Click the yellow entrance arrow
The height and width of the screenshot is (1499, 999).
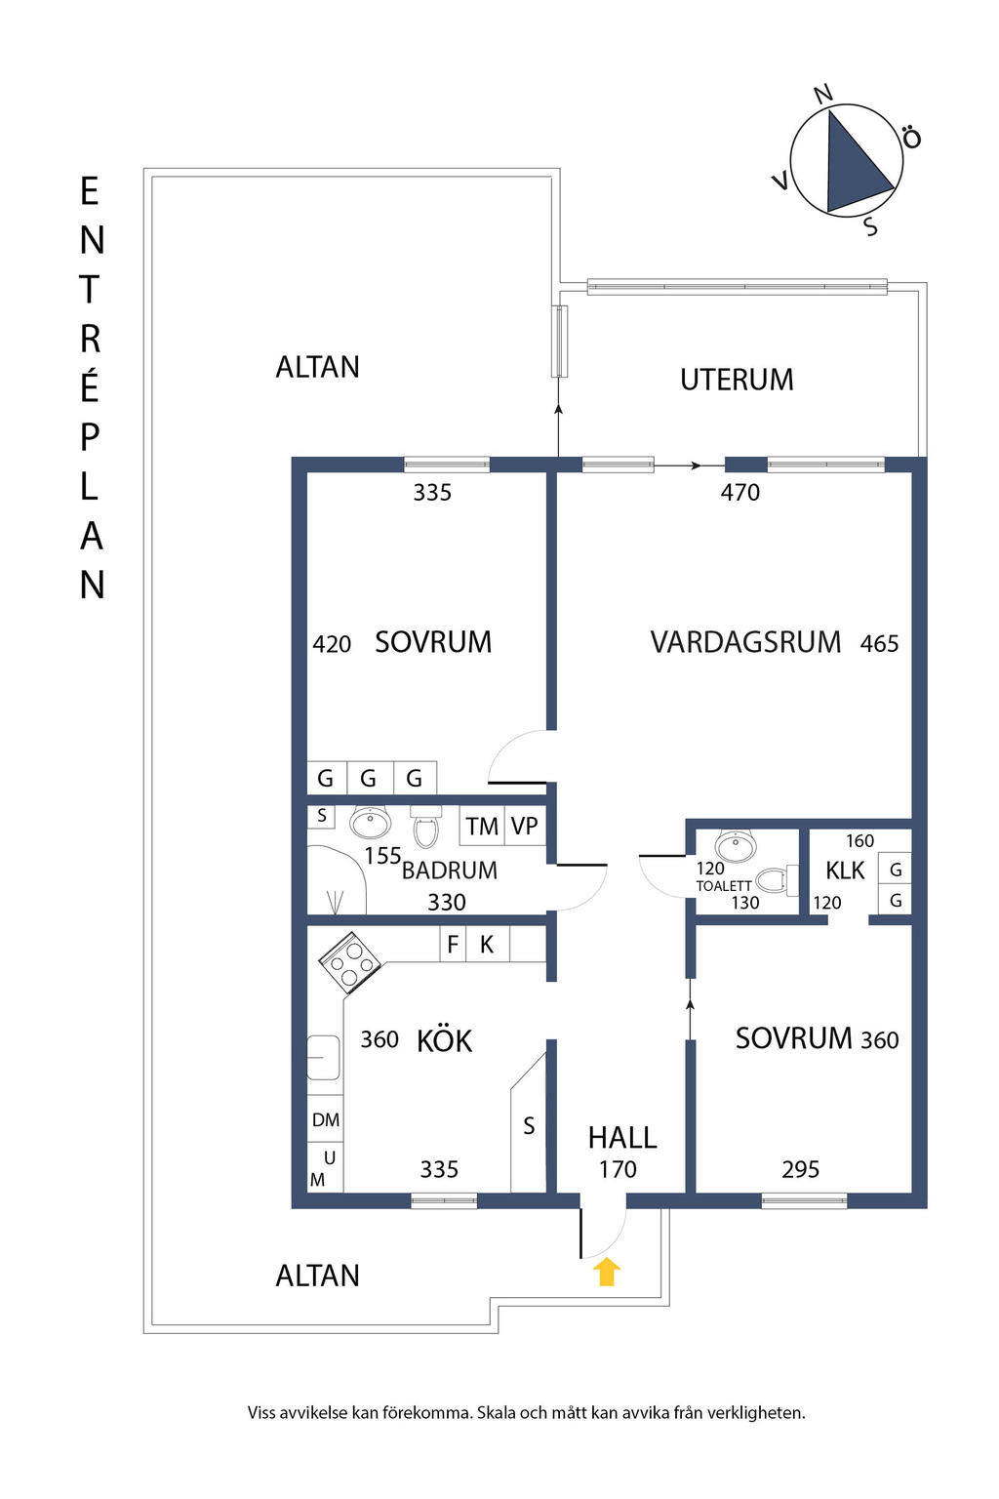607,1272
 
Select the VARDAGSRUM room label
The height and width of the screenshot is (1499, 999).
745,642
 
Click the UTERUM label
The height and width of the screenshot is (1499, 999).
737,380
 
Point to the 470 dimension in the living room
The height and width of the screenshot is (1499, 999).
739,493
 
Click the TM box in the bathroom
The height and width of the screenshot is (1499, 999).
482,827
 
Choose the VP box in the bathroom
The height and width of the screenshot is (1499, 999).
525,826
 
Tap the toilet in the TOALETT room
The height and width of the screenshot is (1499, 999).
774,881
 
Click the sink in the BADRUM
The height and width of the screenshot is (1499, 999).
371,823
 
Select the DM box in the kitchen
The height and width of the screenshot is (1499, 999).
326,1120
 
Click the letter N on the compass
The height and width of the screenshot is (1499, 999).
823,94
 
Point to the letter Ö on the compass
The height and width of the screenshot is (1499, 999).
911,138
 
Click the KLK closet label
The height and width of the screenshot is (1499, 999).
845,871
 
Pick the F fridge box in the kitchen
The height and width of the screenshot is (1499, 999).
453,945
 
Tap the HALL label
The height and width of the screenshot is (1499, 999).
622,1138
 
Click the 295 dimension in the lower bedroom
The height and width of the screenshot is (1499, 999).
800,1169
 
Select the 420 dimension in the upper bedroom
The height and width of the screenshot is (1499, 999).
332,644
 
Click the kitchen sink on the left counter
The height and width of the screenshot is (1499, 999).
323,1058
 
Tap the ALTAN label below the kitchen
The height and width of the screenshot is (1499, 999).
318,1276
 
